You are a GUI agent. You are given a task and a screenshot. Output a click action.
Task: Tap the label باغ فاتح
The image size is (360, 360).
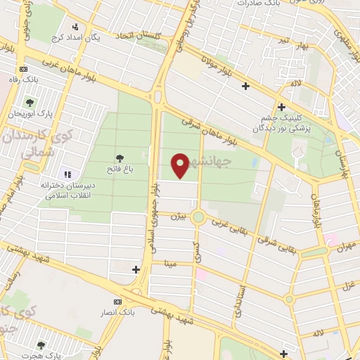120,170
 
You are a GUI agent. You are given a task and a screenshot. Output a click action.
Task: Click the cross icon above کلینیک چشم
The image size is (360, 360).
281,108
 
